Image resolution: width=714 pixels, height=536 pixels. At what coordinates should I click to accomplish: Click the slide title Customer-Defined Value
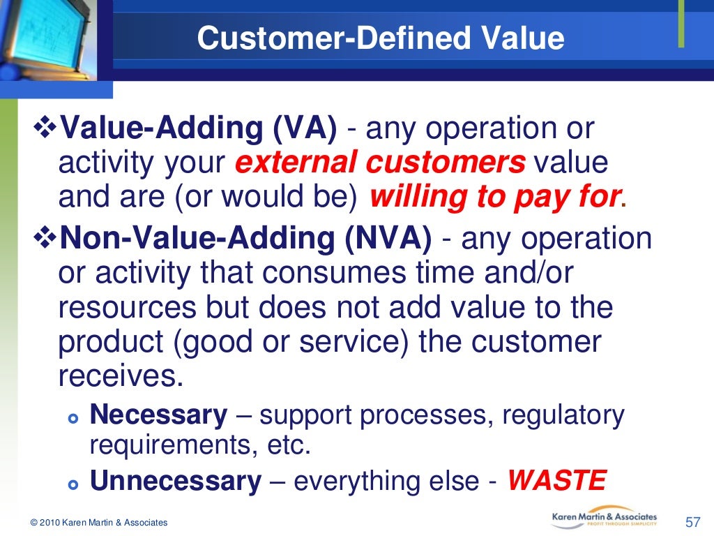tap(380, 38)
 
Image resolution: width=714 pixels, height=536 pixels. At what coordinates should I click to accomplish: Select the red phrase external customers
tap(380, 163)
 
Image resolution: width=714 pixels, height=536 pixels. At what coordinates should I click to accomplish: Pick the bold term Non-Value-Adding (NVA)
tap(246, 239)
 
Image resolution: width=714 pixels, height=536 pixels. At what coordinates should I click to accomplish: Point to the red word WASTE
tap(556, 481)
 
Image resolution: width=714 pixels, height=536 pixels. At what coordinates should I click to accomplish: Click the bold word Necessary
tap(159, 415)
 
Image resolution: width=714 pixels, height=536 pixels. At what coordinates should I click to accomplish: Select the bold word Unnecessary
tap(176, 481)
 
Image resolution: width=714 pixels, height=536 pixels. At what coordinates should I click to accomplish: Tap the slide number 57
tap(692, 522)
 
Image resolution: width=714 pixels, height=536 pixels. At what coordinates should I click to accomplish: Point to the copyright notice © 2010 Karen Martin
tap(99, 523)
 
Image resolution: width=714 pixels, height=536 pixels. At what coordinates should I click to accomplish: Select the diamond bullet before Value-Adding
tap(47, 129)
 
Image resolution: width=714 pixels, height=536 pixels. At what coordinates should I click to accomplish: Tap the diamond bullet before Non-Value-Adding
tap(47, 239)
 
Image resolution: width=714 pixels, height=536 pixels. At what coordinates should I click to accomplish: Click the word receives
tap(121, 376)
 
